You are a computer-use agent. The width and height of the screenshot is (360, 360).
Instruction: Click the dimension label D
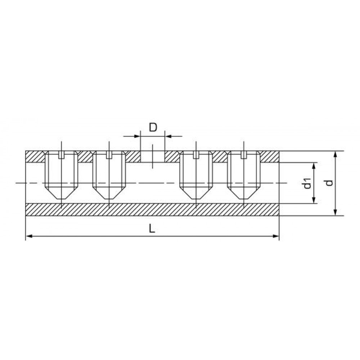[153, 127]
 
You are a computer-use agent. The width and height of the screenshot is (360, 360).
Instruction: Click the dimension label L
[152, 229]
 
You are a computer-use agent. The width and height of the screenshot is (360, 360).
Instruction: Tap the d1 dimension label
[307, 183]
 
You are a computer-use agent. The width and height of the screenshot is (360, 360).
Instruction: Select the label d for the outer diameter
[329, 183]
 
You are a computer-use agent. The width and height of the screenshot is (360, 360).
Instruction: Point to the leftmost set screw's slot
[61, 155]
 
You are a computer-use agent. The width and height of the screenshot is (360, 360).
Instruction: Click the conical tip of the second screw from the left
[109, 193]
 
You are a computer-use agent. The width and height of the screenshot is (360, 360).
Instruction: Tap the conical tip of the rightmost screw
[244, 193]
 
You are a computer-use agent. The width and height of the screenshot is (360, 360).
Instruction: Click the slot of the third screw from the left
[196, 155]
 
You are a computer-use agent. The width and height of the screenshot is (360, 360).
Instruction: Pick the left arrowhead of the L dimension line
[29, 236]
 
